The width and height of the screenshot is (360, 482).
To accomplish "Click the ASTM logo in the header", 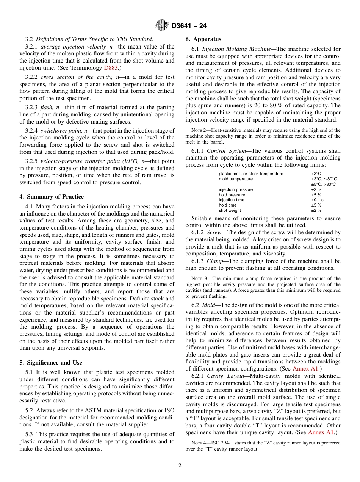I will (x=162, y=26).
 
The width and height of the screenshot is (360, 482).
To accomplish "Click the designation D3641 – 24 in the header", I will (x=189, y=26).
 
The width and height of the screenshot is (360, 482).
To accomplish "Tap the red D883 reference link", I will (x=111, y=68).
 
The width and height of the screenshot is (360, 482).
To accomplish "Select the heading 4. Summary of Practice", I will (x=52, y=197).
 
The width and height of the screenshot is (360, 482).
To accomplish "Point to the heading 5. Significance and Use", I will (x=51, y=363).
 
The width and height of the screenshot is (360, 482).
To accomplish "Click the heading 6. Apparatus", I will (x=203, y=39).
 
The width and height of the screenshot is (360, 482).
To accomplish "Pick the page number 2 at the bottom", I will (x=180, y=466).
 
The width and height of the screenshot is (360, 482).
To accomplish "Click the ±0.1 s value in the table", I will (x=317, y=200).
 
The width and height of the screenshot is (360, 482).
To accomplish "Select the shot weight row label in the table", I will (x=230, y=210).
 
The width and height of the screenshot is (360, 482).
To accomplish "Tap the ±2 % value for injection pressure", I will (x=316, y=189).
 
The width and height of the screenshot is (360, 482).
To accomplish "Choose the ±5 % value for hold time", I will (x=316, y=205).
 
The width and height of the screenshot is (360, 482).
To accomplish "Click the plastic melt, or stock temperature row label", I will (x=251, y=174).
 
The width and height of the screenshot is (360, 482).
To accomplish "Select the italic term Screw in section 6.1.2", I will (x=214, y=232).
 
